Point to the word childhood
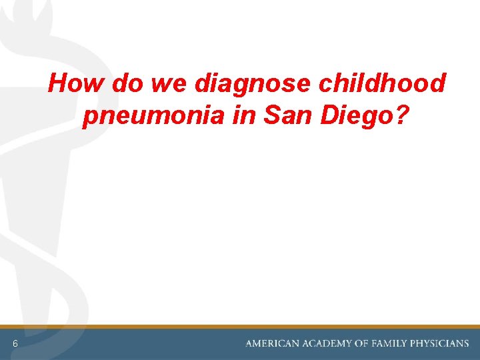pyautogui.click(x=383, y=84)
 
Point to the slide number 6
pyautogui.click(x=14, y=343)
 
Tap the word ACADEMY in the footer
pyautogui.click(x=329, y=343)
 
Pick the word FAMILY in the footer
pyautogui.click(x=393, y=343)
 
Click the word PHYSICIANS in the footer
pyautogui.click(x=441, y=343)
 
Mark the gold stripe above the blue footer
pyautogui.click(x=240, y=327)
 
